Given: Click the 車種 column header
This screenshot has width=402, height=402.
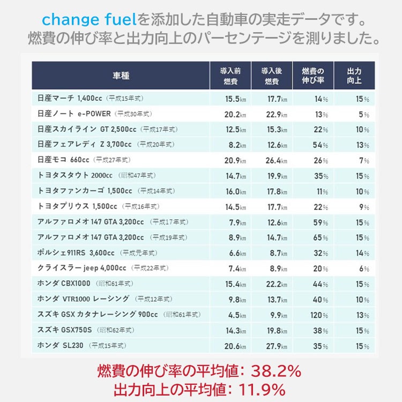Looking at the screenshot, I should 121,76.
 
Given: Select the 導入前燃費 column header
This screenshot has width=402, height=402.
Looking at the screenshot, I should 229,76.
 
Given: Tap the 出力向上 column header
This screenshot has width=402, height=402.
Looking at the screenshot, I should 354,76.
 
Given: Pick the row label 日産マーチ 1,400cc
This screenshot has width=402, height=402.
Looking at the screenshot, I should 70,99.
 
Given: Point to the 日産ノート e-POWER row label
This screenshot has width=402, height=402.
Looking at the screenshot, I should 74,114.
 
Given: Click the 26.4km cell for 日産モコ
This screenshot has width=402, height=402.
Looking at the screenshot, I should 276,161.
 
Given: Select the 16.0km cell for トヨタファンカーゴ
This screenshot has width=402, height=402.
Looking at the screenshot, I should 235,191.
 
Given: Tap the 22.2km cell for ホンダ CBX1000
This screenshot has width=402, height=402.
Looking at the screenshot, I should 276,284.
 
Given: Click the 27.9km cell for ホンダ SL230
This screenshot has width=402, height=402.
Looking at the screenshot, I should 276,346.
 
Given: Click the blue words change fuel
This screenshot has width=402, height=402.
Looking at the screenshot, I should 89,20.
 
